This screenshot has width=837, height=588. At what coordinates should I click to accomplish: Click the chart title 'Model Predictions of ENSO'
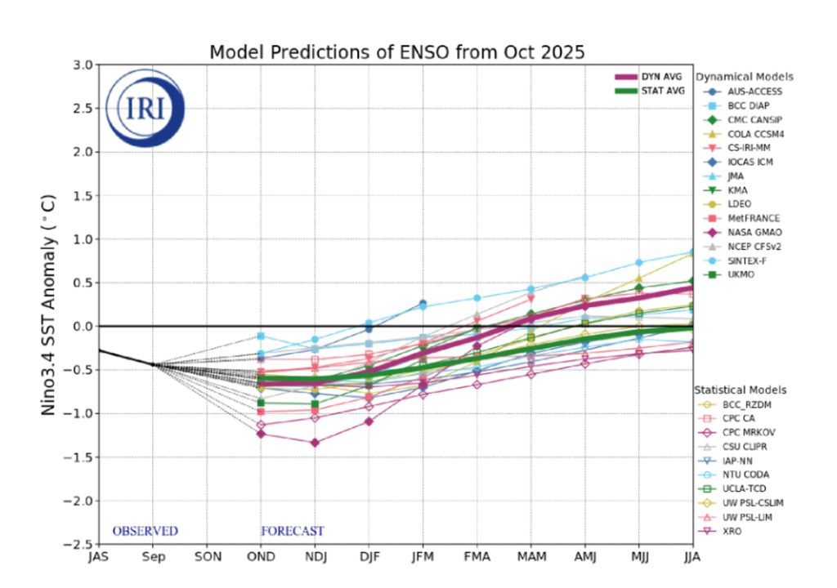[x=397, y=52]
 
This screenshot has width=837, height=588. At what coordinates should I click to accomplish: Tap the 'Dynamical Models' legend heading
[x=744, y=77]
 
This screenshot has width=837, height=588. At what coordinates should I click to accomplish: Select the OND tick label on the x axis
[x=261, y=558]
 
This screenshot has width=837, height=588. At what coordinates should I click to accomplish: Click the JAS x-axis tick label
[x=98, y=558]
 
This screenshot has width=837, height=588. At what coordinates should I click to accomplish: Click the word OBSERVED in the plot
[x=145, y=531]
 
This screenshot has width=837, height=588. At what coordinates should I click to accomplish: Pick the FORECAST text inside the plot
[x=292, y=531]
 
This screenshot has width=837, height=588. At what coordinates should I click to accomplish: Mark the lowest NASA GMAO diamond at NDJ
[x=315, y=443]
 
